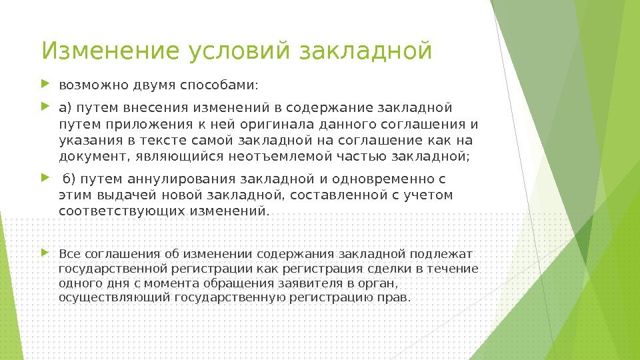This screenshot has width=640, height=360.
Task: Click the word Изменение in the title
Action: (110, 51)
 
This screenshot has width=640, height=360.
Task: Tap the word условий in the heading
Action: (239, 51)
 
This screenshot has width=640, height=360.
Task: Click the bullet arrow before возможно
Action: (45, 85)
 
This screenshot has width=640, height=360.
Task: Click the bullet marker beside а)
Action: (45, 107)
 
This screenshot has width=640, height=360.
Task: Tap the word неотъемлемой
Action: (280, 156)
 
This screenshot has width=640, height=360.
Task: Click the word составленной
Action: (339, 195)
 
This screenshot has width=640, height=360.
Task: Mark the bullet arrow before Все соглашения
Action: (45, 253)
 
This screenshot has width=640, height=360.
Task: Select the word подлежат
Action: (441, 254)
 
